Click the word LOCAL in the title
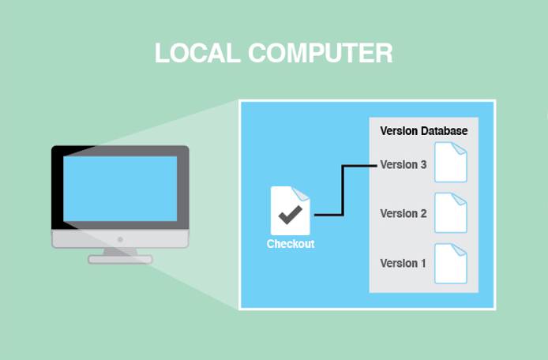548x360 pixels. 197,53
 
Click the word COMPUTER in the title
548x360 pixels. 320,53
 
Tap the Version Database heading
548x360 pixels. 423,130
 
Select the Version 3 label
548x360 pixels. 403,165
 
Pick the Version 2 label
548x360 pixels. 403,213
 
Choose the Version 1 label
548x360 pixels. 403,263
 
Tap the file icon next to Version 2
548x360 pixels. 451,212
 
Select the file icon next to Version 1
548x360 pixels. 451,263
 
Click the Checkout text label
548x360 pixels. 290,244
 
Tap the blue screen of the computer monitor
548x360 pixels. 120,188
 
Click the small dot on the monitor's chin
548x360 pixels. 120,238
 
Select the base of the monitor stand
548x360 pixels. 120,259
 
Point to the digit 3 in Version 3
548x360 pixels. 423,165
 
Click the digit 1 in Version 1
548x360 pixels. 423,263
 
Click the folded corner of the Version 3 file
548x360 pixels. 461,147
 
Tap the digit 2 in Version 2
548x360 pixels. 423,213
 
